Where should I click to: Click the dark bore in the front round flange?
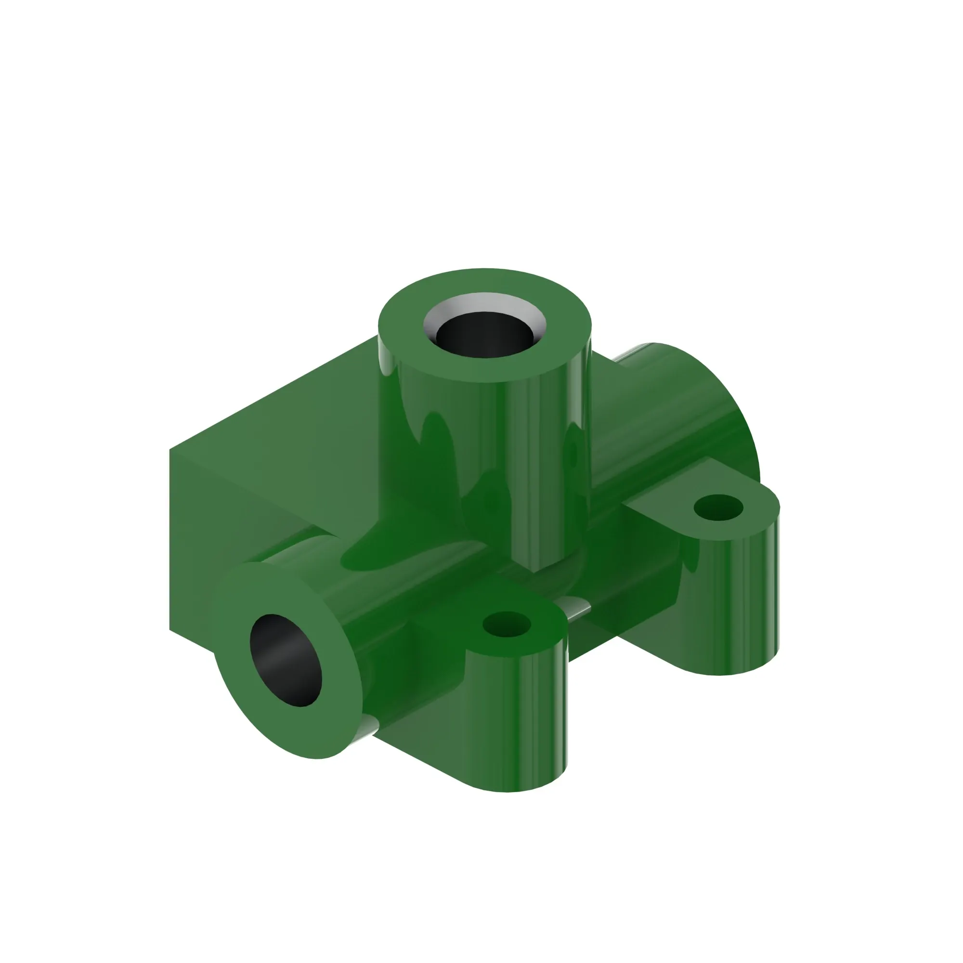[x=286, y=660]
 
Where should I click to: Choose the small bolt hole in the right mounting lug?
[x=718, y=508]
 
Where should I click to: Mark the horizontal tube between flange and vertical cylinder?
[x=399, y=598]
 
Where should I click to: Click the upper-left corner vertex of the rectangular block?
[x=170, y=450]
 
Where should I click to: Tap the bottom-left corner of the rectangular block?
[x=170, y=630]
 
